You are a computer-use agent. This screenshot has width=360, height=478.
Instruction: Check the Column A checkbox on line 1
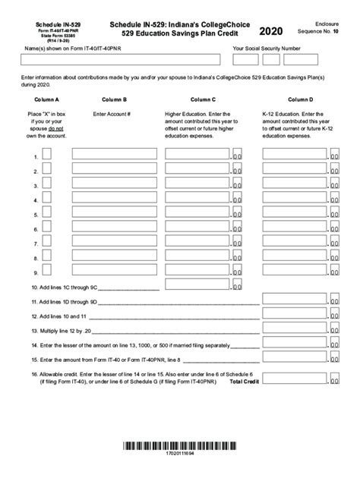(46, 155)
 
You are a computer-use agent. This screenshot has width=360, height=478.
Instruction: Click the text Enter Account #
(112, 115)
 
